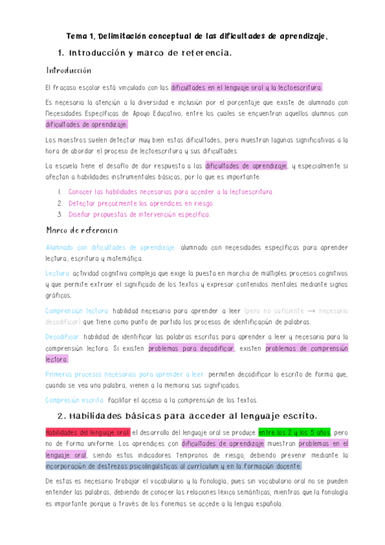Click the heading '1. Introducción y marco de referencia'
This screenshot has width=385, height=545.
[x=144, y=53]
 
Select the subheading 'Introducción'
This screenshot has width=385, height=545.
[x=69, y=70]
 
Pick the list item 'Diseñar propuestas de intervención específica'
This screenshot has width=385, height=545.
[x=139, y=215]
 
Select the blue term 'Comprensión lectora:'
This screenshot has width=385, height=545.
[x=76, y=310]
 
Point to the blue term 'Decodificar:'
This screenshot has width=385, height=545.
[x=62, y=337]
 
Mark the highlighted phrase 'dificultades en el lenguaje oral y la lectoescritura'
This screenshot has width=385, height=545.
[x=247, y=87]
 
